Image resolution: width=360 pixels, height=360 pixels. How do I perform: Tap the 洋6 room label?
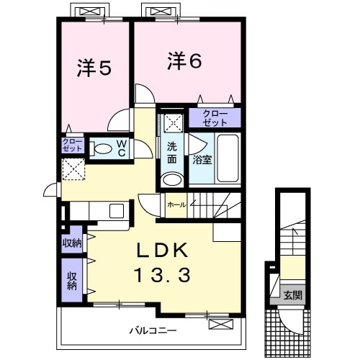(x=185, y=61)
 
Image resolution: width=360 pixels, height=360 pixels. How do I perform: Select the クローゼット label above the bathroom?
(x=215, y=117)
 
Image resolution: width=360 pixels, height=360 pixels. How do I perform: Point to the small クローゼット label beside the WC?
(x=73, y=146)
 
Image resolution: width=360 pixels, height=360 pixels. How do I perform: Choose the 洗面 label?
(x=173, y=153)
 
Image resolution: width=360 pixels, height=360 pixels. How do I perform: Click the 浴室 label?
(x=202, y=160)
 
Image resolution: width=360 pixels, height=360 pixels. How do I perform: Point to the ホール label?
(x=176, y=204)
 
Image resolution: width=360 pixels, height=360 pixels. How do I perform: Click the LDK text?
(x=163, y=250)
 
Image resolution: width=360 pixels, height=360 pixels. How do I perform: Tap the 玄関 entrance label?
(x=292, y=294)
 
